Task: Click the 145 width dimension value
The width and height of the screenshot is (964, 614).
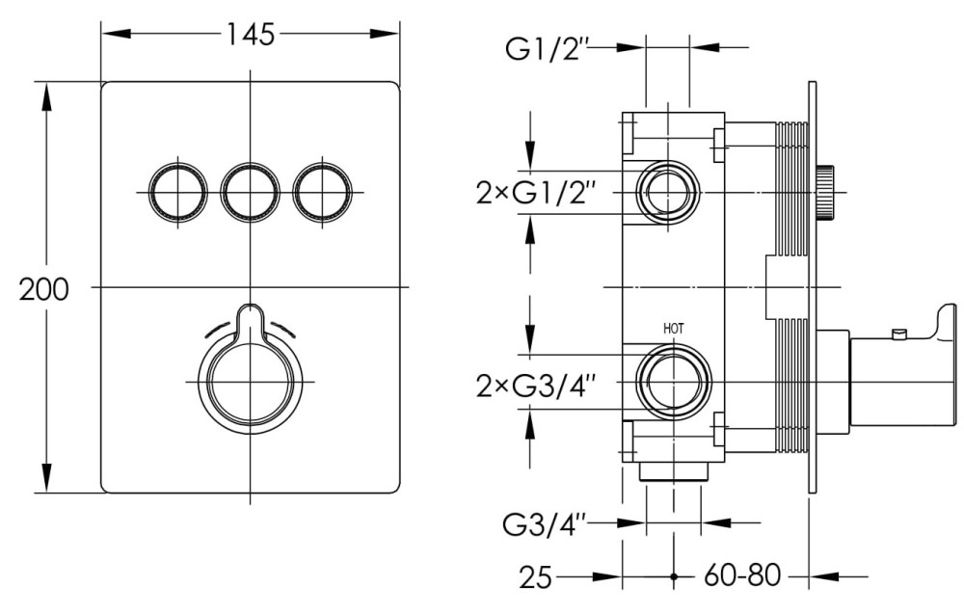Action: [251, 34]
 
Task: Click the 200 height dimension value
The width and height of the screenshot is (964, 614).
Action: [44, 289]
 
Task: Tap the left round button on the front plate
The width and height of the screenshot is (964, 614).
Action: [177, 191]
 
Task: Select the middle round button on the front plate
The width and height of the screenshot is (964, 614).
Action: [251, 191]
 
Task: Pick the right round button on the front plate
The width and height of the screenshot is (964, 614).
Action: [323, 191]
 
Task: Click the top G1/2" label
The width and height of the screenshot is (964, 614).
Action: [547, 48]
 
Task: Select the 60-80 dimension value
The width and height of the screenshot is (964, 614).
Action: [741, 577]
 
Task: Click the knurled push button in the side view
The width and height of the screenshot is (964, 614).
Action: [826, 193]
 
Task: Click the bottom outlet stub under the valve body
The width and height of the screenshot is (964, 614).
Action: [673, 472]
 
